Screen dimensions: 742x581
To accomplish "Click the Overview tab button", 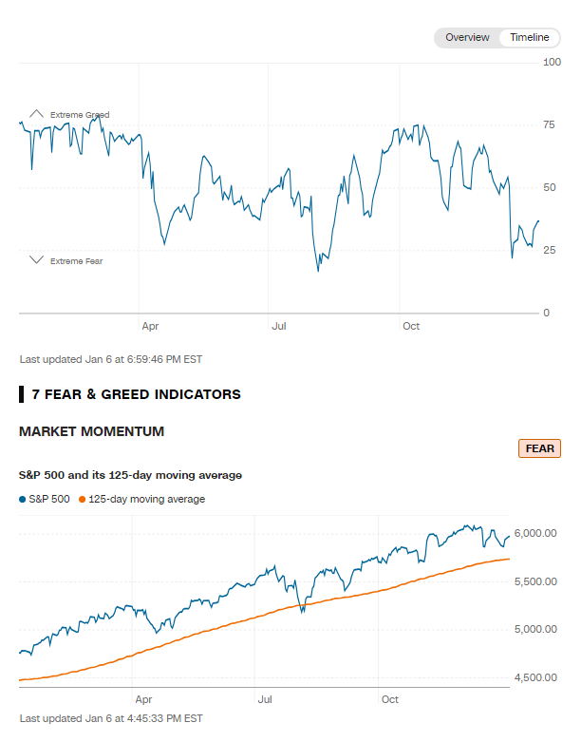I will coord(467,37).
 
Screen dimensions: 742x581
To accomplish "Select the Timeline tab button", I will coord(529,37).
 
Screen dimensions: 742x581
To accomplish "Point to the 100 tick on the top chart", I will coord(552,62).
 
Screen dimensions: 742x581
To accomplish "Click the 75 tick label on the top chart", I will coord(549,124).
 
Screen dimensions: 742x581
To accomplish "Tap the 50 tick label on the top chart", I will coord(549,187).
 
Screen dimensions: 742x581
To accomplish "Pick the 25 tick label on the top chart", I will coord(549,250).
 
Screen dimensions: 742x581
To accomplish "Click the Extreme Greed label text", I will coord(80,115).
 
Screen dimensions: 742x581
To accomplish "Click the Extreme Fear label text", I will coord(76,261).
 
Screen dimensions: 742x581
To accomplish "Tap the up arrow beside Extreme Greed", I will coord(36,114).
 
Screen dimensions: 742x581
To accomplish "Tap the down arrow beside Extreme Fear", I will coord(36,260).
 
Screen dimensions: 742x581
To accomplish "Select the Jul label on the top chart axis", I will coord(279,327).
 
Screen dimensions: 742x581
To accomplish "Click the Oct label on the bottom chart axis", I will coord(389,700).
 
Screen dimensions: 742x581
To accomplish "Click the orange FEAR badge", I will coord(539,448).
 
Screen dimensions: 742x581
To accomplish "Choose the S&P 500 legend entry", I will coord(45,499).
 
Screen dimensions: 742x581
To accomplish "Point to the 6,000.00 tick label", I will coord(534,533).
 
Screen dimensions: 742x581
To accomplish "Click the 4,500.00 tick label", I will coord(534,677).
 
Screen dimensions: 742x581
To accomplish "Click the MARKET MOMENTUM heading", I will coord(91,431).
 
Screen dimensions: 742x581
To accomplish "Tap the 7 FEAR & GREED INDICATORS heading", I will coord(136,393).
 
